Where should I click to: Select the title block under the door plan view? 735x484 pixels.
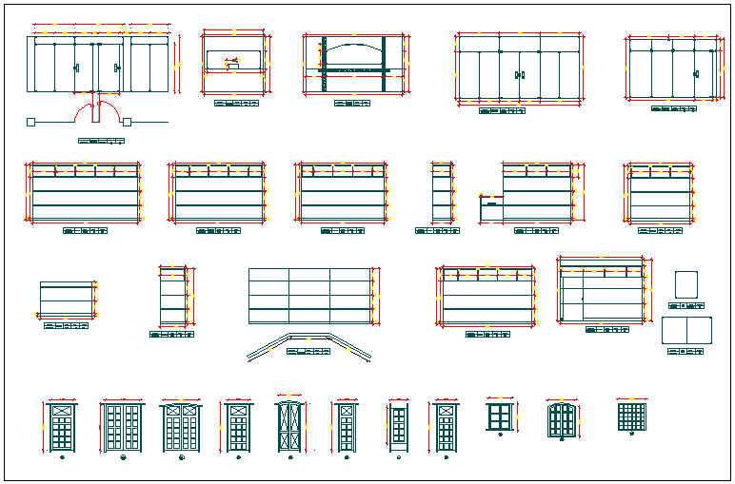coord(101,141)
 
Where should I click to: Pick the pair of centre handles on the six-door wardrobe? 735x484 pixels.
coord(520,74)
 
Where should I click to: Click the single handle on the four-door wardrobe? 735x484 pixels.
coord(696,73)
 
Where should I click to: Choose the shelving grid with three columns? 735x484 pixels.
coord(308,296)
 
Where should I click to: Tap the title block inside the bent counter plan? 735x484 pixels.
coord(308,352)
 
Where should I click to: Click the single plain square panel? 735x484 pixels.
coord(685,284)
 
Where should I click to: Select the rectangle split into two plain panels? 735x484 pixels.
coord(686,330)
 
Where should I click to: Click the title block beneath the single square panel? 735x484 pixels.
coord(685,306)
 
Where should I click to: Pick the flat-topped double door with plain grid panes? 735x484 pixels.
coord(122,427)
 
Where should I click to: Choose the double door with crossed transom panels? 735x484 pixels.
coord(181,427)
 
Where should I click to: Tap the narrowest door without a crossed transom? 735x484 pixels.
coord(399,427)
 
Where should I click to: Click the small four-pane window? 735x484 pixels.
coord(499,416)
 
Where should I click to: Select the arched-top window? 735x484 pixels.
coord(563,420)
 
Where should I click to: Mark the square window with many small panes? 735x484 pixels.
coord(631,416)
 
